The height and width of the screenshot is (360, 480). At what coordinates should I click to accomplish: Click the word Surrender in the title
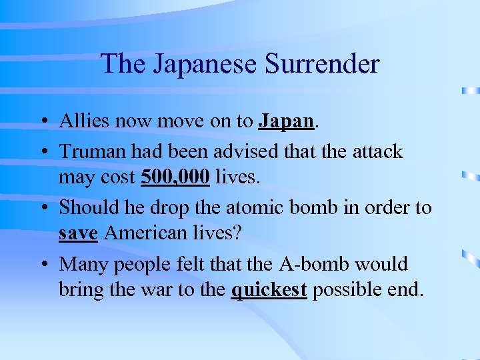(321, 65)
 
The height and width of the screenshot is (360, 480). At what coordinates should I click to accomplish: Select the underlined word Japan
(285, 121)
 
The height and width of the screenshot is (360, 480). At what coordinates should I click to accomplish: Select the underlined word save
(79, 235)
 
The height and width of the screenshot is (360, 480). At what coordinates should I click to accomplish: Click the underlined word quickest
(269, 291)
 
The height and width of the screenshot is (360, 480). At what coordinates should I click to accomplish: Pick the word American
(145, 235)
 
